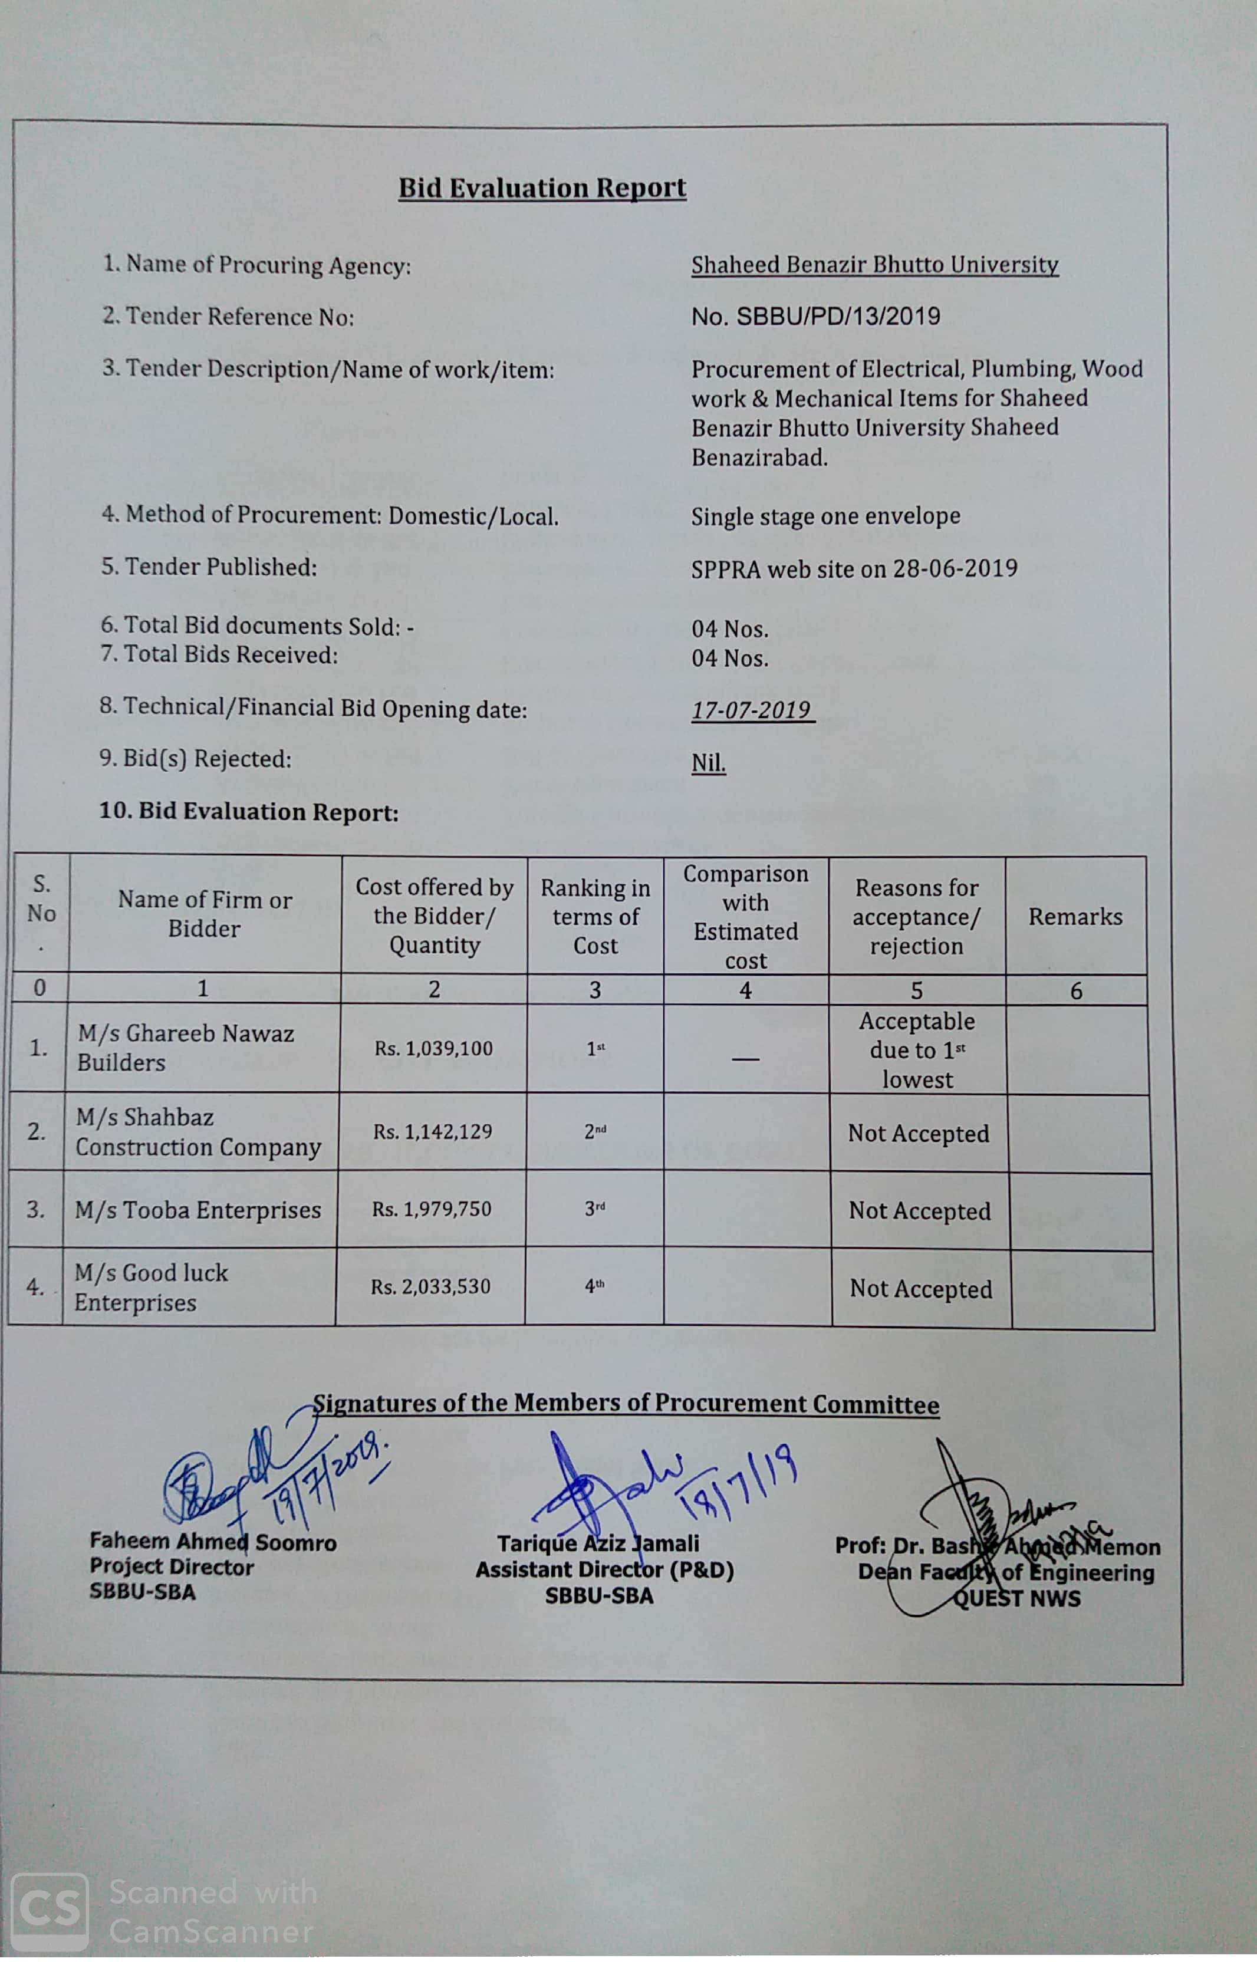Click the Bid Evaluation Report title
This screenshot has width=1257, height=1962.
pos(542,187)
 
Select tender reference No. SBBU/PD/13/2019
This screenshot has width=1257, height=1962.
pos(815,317)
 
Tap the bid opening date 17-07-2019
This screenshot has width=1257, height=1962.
pos(751,710)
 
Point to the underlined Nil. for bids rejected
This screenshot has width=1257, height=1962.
pos(709,763)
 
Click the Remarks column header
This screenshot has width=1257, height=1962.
pos(1075,917)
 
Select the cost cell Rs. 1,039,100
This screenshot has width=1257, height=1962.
pos(433,1049)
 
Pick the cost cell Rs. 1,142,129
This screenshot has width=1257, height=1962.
pos(433,1132)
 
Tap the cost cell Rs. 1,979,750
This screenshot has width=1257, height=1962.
pos(432,1209)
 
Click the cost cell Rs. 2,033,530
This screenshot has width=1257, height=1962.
pos(430,1287)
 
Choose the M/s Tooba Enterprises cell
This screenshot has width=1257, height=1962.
pos(198,1210)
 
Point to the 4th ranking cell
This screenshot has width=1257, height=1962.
pos(594,1287)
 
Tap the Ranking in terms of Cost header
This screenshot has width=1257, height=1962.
pos(595,917)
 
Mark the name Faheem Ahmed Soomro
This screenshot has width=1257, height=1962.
pos(213,1542)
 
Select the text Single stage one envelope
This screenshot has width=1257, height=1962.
pos(825,516)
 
